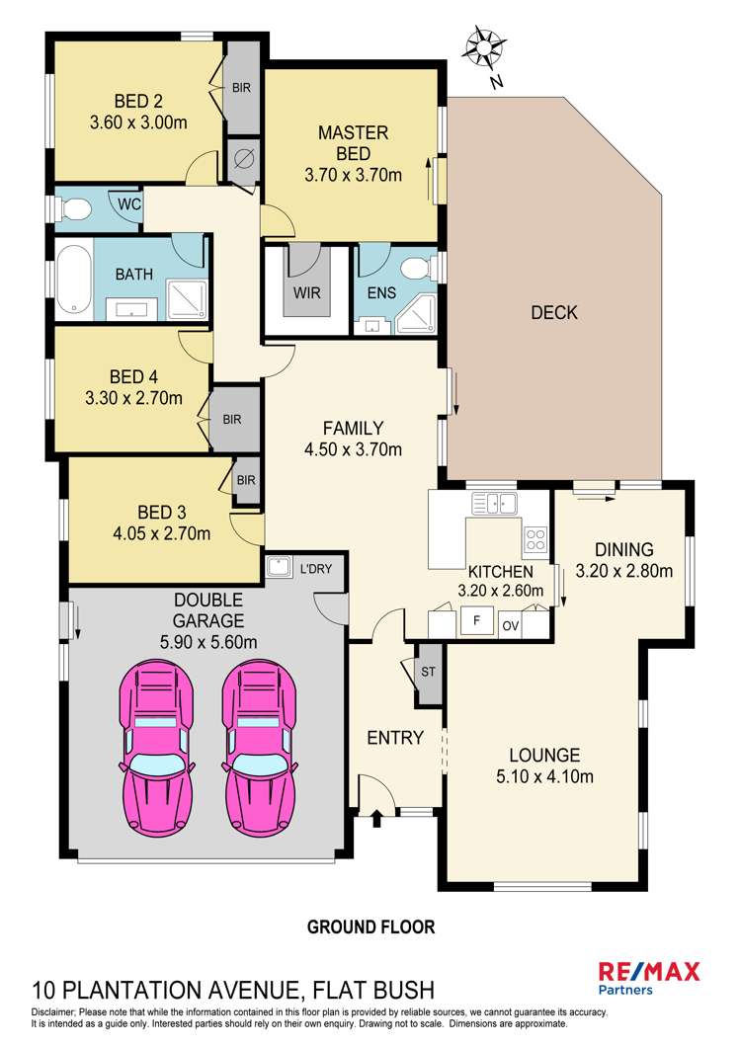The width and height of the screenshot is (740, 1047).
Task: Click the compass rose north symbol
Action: coord(484,47)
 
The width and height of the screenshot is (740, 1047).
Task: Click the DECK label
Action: coord(553,313)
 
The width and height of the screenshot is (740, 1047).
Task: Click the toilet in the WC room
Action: coord(74,208)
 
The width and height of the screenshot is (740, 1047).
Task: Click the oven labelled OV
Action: coord(510,625)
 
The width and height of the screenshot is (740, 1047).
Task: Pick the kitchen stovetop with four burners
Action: coord(534,539)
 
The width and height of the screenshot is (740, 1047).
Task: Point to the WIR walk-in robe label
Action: coord(306,292)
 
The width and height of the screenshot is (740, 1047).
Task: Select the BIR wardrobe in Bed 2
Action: coord(241,88)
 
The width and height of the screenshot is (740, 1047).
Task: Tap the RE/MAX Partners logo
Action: coord(650,977)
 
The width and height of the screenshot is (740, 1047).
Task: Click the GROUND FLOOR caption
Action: coord(370,926)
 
